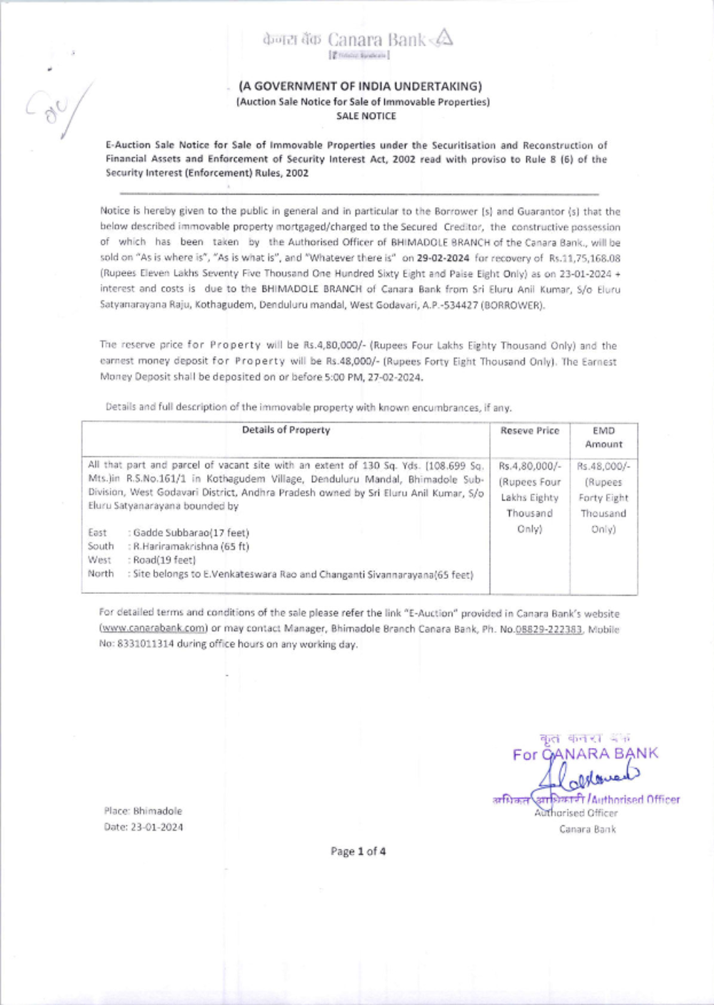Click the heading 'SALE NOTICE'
(366, 116)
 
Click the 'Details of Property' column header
(286, 430)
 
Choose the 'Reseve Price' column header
(530, 430)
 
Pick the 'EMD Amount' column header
(603, 437)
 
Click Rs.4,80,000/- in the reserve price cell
(530, 466)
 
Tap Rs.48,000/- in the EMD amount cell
(603, 466)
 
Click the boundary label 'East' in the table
(97, 532)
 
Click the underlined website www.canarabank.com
(153, 628)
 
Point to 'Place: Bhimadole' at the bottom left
(143, 811)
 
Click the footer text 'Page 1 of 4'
(358, 851)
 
